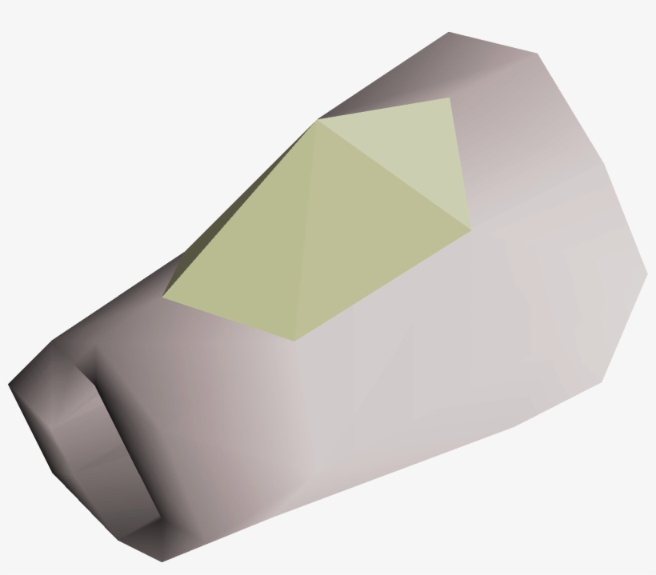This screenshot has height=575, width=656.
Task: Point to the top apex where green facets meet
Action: click(318, 121)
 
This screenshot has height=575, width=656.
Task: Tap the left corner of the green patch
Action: click(164, 298)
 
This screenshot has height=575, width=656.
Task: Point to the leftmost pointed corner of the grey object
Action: click(10, 386)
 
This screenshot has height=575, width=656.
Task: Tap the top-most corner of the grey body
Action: click(449, 33)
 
